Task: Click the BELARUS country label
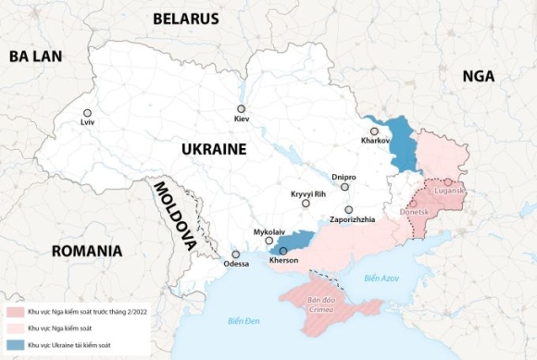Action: point(185,19)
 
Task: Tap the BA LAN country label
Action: point(35,56)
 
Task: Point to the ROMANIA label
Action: point(87,251)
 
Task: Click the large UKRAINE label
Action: point(213,149)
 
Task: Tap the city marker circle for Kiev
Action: point(241,108)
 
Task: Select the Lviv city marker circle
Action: point(88,113)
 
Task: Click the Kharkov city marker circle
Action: point(374,131)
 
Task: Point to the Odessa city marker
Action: point(236,254)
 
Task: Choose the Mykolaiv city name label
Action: point(268,231)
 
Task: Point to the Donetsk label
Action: point(414,212)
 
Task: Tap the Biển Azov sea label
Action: point(381,278)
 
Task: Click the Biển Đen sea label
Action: point(243,320)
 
